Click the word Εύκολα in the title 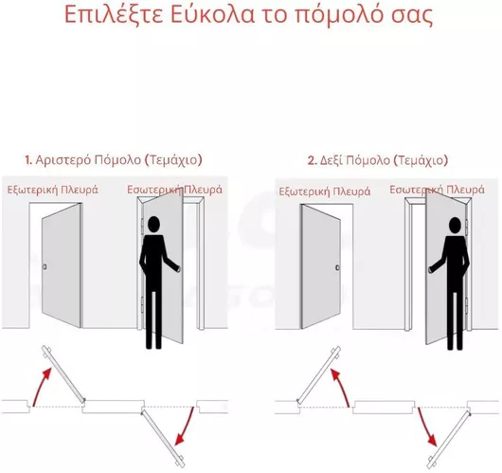(212, 14)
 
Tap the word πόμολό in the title (338, 15)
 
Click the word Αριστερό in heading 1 (63, 160)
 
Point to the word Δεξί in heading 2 (332, 160)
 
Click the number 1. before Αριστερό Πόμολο (28, 160)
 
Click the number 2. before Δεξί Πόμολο (312, 160)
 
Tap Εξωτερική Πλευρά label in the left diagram (53, 190)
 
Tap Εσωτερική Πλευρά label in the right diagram (437, 190)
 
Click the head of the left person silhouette (153, 225)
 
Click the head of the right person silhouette (455, 226)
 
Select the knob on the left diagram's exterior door (45, 266)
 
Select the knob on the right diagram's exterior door (337, 267)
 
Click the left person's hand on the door (178, 268)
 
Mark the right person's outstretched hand (431, 269)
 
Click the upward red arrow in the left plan (41, 384)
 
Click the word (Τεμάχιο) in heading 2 (420, 160)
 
